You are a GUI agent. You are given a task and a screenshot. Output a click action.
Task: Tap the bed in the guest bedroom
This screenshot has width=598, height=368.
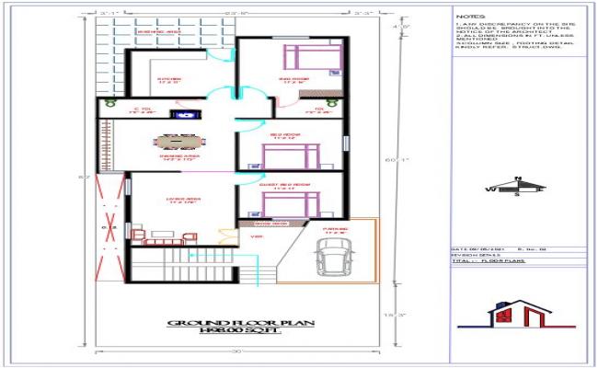pos(310,201)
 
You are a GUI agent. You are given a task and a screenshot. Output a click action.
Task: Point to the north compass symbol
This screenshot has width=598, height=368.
pos(516,187)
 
